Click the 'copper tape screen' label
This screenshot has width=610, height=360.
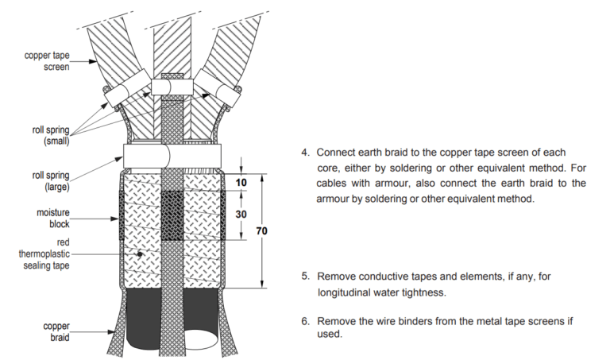[47, 61]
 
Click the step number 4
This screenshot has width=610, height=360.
[304, 152]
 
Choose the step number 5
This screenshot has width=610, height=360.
[304, 277]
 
